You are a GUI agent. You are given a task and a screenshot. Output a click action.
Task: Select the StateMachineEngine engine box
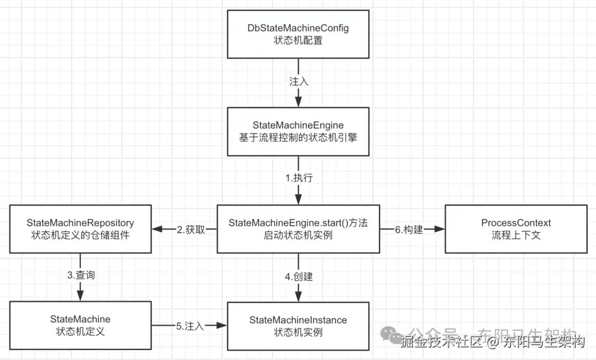tap(298, 131)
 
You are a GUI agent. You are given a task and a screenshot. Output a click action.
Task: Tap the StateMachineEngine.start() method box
tap(298, 229)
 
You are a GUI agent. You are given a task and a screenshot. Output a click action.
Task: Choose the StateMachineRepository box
tap(80, 229)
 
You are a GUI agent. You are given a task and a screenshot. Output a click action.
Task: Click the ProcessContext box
tap(516, 229)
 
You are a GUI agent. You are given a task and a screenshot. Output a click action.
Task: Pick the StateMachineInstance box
tap(298, 326)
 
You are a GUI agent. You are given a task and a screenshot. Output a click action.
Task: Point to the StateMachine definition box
tap(80, 326)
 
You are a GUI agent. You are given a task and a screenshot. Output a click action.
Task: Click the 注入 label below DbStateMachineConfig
tap(299, 81)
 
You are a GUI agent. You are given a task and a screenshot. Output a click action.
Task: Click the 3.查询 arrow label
tap(81, 275)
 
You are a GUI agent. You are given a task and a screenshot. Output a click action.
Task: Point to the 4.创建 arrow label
tap(299, 277)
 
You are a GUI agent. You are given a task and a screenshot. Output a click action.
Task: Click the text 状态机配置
tap(298, 40)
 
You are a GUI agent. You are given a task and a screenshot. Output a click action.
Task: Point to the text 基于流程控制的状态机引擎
tap(298, 137)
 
